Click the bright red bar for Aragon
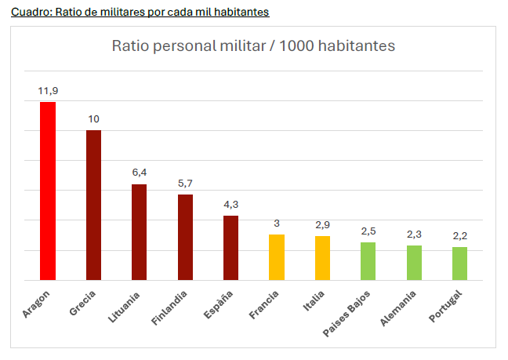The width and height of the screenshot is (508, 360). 48,191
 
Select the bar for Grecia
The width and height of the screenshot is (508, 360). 93,205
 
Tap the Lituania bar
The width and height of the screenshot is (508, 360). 140,232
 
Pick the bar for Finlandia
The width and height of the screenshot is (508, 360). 185,237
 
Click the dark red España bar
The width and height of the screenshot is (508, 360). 230,248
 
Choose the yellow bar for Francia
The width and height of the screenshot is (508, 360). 277,257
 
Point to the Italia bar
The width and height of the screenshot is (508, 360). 322,258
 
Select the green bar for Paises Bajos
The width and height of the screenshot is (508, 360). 368,261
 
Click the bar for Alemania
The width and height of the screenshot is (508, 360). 414,263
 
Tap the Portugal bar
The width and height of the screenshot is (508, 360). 459,264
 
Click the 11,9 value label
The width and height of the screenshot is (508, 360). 48,91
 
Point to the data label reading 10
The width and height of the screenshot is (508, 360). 93,119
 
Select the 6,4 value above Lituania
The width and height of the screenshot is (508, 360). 140,173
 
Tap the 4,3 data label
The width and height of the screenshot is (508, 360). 230,204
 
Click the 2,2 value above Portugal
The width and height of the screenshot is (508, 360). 459,235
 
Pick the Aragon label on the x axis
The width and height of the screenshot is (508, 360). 37,304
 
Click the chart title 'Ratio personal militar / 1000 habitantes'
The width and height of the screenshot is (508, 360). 253,45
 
